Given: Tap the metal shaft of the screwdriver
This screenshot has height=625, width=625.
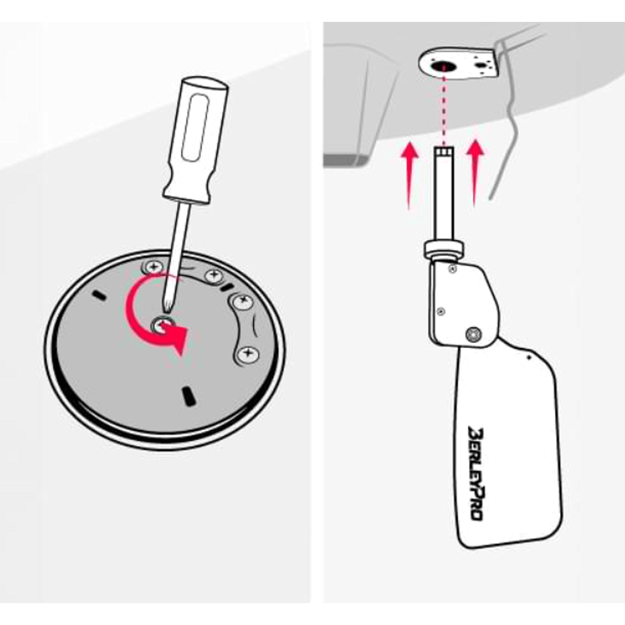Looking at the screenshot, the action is (176, 255).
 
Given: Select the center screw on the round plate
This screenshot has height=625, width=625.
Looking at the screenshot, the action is (162, 326).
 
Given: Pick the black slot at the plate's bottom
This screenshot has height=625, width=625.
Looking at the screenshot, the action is (187, 396).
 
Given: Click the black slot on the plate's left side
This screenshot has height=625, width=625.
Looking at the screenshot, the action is (99, 296).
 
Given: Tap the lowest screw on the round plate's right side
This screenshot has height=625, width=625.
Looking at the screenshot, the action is (247, 353).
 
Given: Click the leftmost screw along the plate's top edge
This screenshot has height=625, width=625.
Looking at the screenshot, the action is (154, 266).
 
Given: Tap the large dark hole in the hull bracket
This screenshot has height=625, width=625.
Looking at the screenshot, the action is (443, 66).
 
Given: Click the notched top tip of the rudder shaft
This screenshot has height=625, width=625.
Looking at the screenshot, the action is (444, 151).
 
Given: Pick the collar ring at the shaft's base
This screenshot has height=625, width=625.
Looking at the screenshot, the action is (443, 250).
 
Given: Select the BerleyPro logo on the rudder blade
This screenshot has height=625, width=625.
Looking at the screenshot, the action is (476, 474).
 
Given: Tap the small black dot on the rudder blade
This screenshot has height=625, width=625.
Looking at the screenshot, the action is (529, 357).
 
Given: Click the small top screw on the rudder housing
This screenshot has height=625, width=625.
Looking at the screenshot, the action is (452, 269).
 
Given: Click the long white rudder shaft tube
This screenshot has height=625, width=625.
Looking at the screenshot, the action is (444, 195).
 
